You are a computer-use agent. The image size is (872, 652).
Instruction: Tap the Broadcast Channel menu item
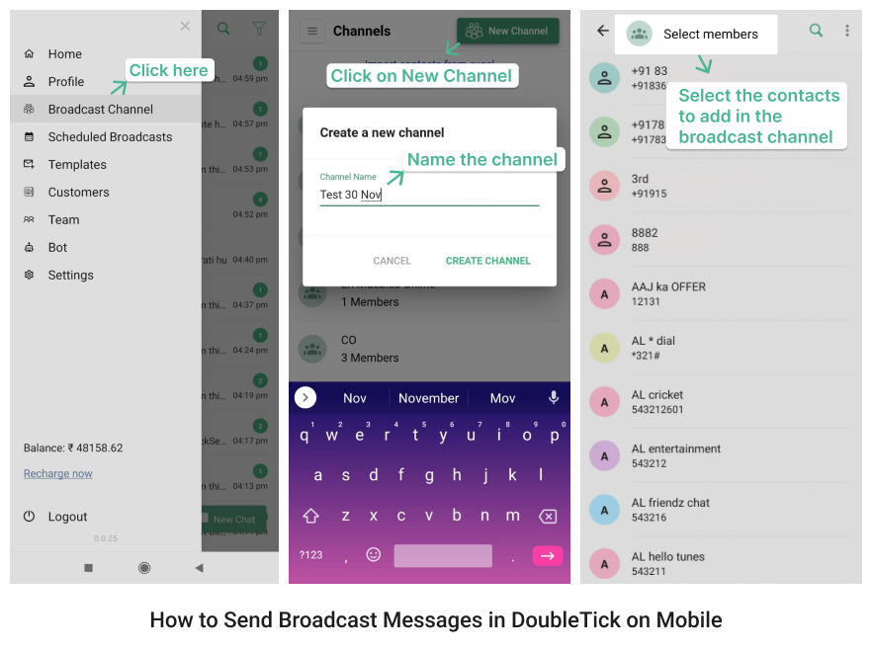pyautogui.click(x=100, y=110)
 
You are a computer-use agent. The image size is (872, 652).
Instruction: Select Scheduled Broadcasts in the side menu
pyautogui.click(x=110, y=137)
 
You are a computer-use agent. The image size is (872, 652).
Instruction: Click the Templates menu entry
pyautogui.click(x=77, y=165)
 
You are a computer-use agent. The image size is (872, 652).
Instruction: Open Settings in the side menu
pyautogui.click(x=70, y=276)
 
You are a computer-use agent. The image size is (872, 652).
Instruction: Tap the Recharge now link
pyautogui.click(x=58, y=474)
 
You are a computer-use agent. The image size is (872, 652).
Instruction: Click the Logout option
pyautogui.click(x=67, y=517)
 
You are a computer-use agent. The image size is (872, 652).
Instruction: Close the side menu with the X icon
pyautogui.click(x=185, y=27)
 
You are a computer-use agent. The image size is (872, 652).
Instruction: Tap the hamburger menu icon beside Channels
pyautogui.click(x=312, y=32)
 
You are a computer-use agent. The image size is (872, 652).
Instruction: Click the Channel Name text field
pyautogui.click(x=429, y=195)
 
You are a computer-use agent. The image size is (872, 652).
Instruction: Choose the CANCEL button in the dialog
pyautogui.click(x=392, y=261)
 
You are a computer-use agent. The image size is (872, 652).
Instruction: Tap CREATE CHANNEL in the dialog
pyautogui.click(x=487, y=261)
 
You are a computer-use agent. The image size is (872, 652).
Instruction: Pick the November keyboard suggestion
pyautogui.click(x=428, y=398)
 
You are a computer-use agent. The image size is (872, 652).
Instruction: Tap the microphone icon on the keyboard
pyautogui.click(x=554, y=397)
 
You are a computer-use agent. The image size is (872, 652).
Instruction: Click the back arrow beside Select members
pyautogui.click(x=603, y=32)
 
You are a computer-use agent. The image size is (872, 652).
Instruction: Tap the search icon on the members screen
pyautogui.click(x=816, y=31)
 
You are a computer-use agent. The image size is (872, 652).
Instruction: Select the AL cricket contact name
pyautogui.click(x=657, y=395)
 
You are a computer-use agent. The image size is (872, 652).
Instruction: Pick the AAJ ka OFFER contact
pyautogui.click(x=668, y=286)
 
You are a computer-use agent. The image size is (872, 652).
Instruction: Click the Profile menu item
pyautogui.click(x=65, y=82)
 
